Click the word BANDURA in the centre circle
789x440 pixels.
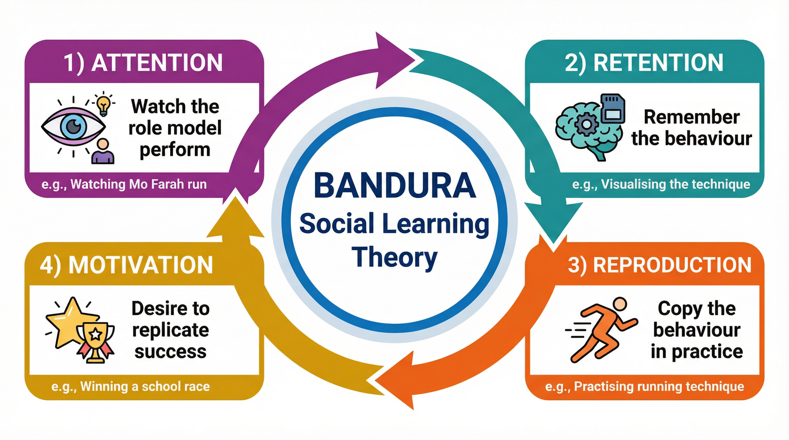click(x=395, y=186)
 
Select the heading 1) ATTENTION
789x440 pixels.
click(x=143, y=63)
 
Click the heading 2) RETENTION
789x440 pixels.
click(x=644, y=63)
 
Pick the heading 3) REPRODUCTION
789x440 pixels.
click(x=660, y=265)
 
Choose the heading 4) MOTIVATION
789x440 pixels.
click(x=126, y=265)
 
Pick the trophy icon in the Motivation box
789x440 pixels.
click(x=95, y=341)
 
